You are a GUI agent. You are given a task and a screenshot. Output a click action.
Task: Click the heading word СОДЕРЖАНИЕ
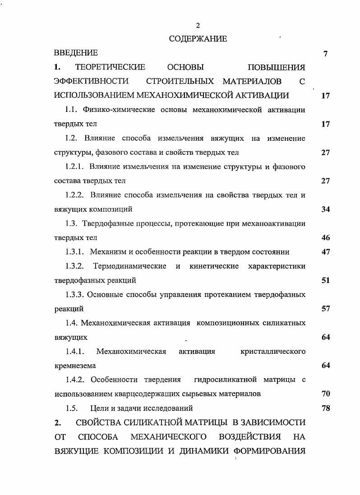198,39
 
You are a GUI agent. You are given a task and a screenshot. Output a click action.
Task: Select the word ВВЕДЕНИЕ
75,54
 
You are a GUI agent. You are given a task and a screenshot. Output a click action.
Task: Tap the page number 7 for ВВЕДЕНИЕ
325,54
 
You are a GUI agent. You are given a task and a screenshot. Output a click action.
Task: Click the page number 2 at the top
198,25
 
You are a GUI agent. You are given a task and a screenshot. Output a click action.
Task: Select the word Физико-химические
119,110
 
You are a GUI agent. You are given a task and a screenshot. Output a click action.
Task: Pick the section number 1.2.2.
74,195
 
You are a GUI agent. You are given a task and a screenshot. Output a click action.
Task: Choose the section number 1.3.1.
74,252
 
